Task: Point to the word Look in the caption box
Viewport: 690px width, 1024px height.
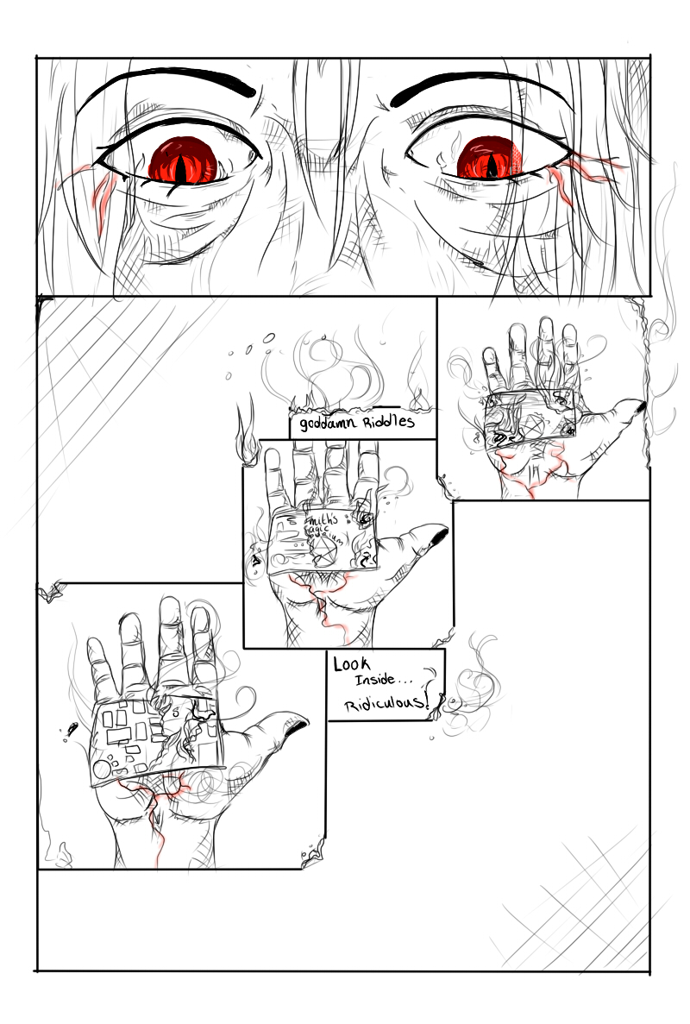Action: pos(352,666)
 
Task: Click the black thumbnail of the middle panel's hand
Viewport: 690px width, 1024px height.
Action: pos(438,538)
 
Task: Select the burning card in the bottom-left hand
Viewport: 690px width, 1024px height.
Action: pos(151,742)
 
